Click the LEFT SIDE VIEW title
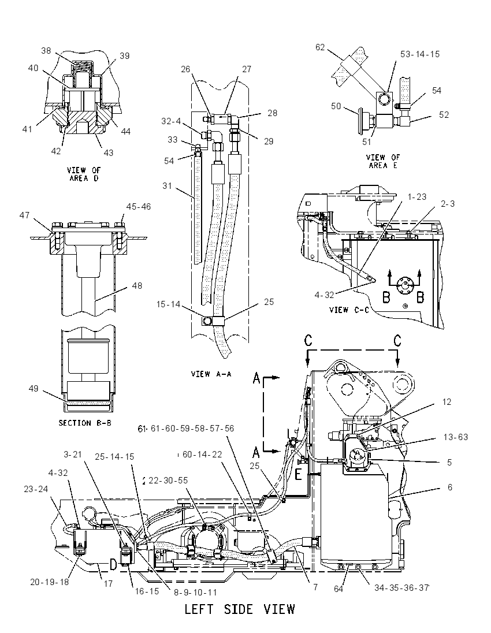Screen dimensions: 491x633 click(x=240, y=609)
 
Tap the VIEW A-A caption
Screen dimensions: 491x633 click(x=211, y=374)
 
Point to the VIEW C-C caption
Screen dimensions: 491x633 click(x=349, y=310)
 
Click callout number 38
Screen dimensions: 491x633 click(x=46, y=50)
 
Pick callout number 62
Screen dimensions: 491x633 click(x=320, y=47)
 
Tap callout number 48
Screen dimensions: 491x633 click(x=137, y=285)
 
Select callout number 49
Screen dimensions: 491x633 click(x=34, y=388)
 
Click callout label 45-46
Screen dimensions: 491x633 click(x=139, y=207)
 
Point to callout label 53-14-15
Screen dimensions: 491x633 click(x=420, y=54)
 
